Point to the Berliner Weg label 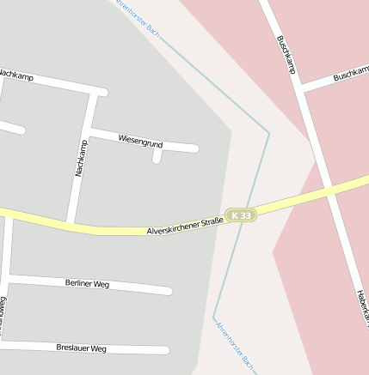87,283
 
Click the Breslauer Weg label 81,348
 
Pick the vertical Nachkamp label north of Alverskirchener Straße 81,158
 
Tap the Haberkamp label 361,305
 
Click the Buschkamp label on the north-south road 286,53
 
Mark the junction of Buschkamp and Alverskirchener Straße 330,191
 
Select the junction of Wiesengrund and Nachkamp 89,131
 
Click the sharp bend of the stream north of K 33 268,133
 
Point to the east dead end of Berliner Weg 169,291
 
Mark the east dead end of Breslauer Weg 166,350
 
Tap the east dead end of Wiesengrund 196,148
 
